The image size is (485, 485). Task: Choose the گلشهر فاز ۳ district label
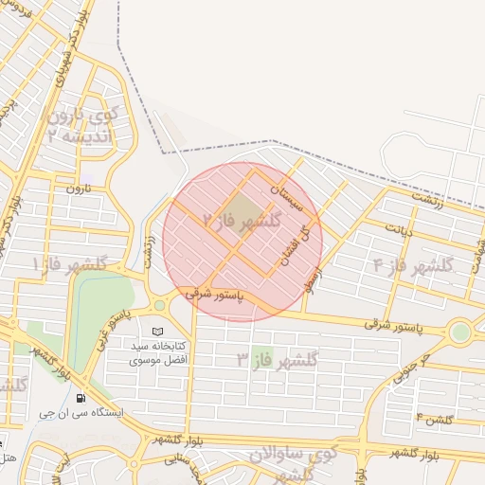tap(278, 358)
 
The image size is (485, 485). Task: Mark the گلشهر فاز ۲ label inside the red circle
tap(242, 223)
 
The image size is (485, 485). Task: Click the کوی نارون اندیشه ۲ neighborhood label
tap(80, 126)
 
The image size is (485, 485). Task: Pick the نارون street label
tap(76, 189)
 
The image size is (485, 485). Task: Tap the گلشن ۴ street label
tap(434, 418)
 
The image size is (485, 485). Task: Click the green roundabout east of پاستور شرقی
tap(461, 332)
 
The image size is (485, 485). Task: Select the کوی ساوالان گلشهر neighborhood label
tap(293, 463)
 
